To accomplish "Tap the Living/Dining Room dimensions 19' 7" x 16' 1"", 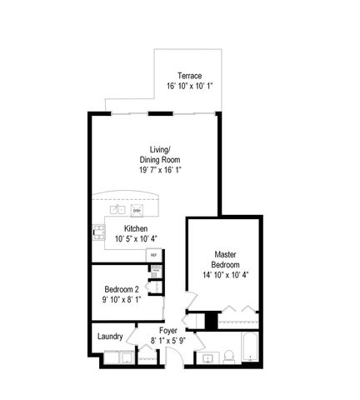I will tap(161, 169).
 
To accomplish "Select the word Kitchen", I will tap(137, 228).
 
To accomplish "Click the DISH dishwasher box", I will tap(137, 210).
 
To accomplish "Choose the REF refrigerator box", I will tap(153, 254).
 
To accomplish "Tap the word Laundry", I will tap(110, 337).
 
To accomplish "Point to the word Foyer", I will tap(168, 331).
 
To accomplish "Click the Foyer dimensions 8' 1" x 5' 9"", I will tap(168, 341).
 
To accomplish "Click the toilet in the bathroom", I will tap(226, 357).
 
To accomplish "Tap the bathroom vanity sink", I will tap(206, 358).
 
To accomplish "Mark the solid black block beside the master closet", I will tap(211, 319).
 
